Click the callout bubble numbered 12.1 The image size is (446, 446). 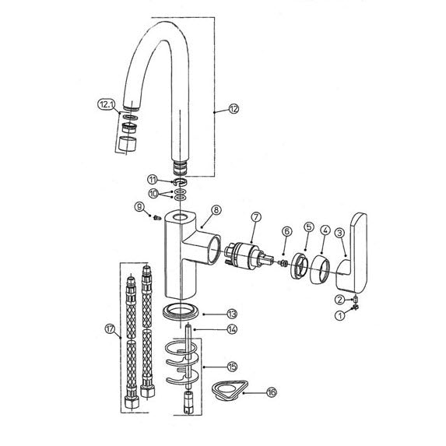coord(106,104)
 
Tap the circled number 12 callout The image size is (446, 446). coord(234,109)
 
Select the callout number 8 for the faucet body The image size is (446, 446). coord(216,210)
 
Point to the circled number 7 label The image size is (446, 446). coord(256,217)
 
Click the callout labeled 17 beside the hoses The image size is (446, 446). coord(110,328)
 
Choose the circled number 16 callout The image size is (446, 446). coord(272,392)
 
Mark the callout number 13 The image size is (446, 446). coord(232,314)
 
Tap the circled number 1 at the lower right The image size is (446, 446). coord(340,315)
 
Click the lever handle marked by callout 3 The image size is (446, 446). coord(352,253)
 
